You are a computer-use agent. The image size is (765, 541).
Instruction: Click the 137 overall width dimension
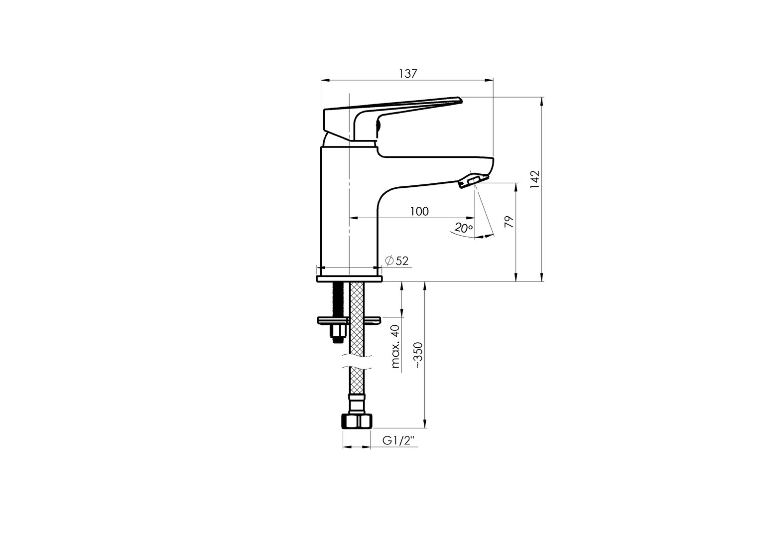click(x=408, y=73)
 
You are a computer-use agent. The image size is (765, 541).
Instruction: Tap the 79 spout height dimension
click(x=509, y=222)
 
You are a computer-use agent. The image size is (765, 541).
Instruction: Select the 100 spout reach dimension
click(x=419, y=211)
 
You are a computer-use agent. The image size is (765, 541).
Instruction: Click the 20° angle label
click(x=464, y=228)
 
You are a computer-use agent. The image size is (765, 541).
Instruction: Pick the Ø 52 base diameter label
click(x=397, y=261)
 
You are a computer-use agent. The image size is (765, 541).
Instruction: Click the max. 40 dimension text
click(x=395, y=346)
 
